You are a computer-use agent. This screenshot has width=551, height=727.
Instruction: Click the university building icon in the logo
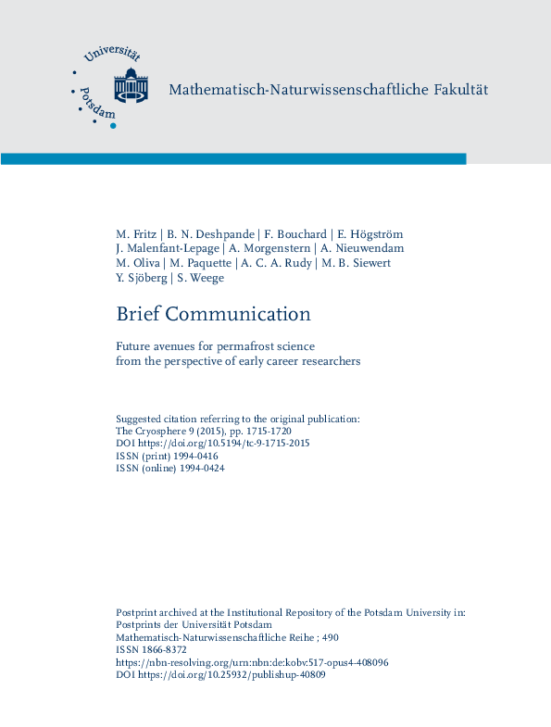(x=131, y=85)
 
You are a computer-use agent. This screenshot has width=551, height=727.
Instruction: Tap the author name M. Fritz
(x=135, y=233)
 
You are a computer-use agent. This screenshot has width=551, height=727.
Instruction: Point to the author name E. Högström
(x=370, y=233)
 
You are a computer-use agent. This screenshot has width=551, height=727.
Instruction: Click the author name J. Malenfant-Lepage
(x=168, y=248)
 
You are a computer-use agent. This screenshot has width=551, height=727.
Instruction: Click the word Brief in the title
(x=137, y=314)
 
